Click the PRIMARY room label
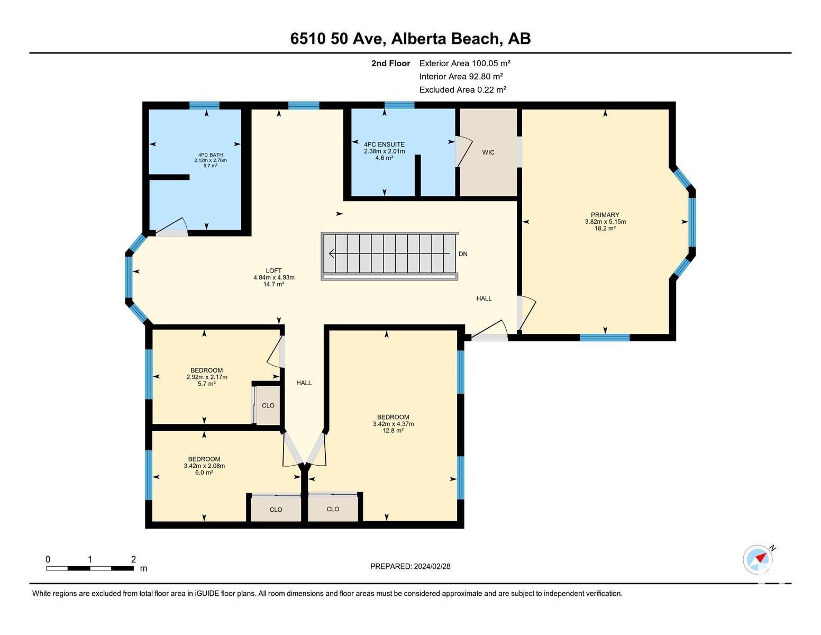point(605,222)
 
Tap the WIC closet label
point(488,152)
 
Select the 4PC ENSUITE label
point(384,151)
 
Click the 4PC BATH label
point(210,160)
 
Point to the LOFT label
point(273,277)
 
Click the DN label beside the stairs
point(463,254)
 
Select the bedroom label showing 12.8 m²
point(393,424)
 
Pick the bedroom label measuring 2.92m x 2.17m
point(206,377)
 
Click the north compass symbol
point(758,559)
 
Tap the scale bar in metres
point(90,568)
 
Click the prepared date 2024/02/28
point(410,566)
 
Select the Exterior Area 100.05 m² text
point(464,63)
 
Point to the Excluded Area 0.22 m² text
point(462,89)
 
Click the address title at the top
point(410,39)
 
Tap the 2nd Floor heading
point(390,63)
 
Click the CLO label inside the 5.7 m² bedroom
point(268,405)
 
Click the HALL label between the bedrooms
point(304,383)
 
